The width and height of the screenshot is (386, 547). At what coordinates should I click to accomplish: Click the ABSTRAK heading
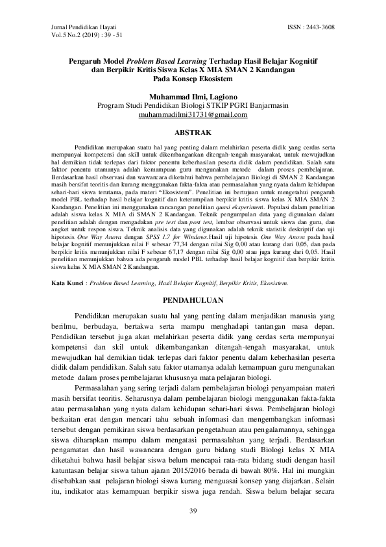193,131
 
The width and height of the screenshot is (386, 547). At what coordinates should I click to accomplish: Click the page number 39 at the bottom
193,511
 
